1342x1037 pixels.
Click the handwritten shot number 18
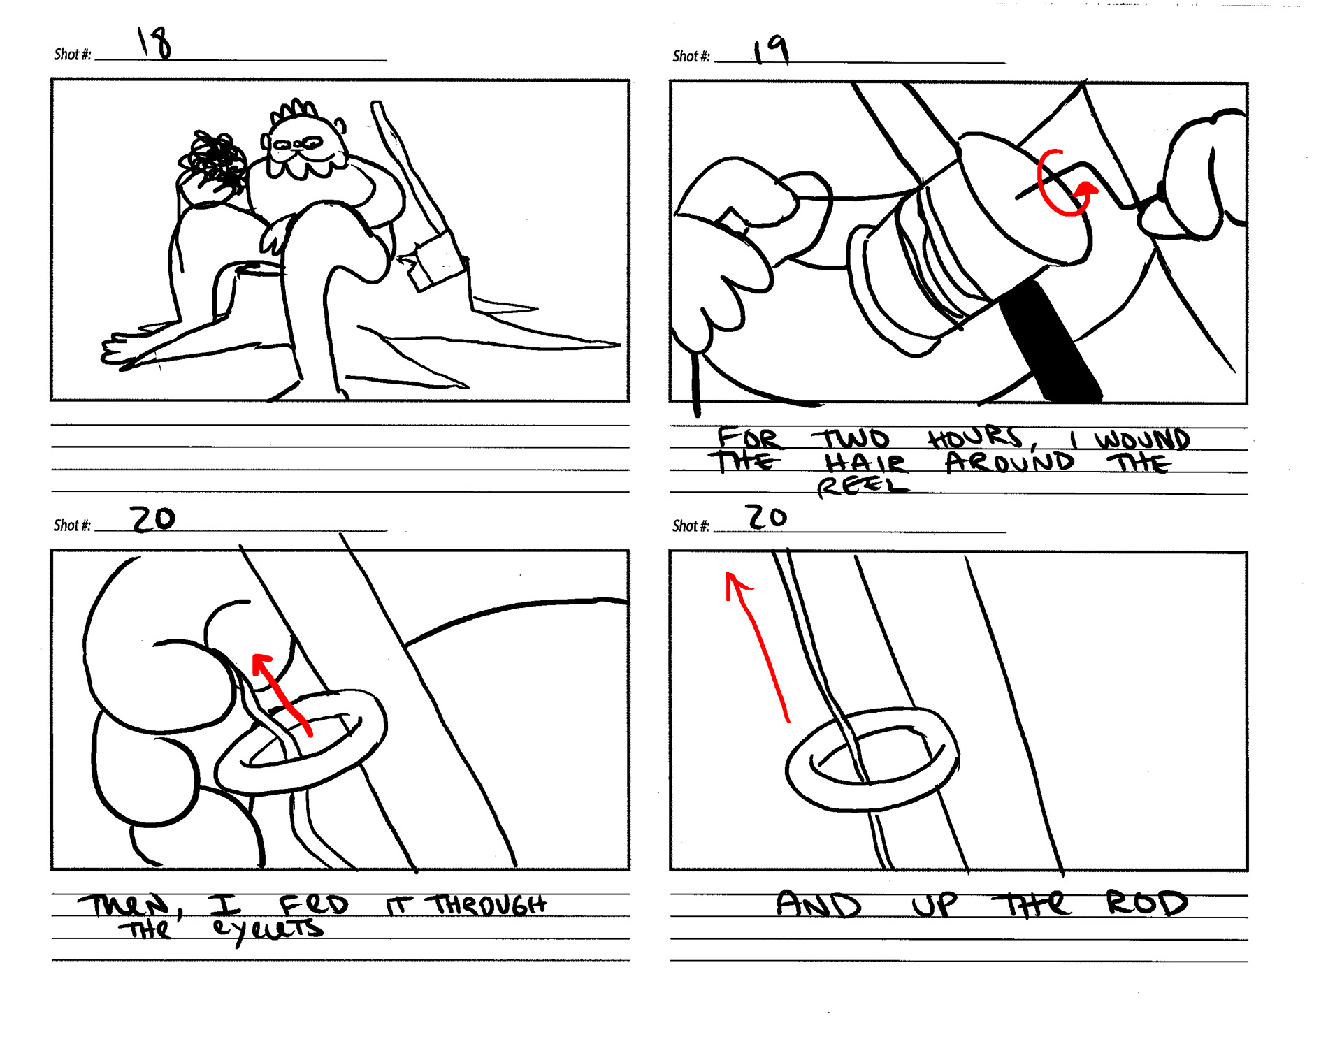[x=154, y=43]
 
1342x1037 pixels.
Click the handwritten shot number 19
[x=771, y=50]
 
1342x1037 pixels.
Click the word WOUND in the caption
[x=1142, y=440]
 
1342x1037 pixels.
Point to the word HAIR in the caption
[x=865, y=462]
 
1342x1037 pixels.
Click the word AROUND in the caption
[x=1009, y=462]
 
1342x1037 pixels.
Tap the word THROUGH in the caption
[x=489, y=905]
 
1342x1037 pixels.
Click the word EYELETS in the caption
[x=268, y=930]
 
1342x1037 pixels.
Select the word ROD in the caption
[x=1146, y=903]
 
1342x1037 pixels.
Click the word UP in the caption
[x=935, y=905]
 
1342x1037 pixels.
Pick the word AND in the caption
[x=818, y=904]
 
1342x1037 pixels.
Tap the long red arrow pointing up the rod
[x=758, y=646]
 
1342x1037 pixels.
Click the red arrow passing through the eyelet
[x=281, y=694]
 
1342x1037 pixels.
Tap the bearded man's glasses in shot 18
[x=298, y=145]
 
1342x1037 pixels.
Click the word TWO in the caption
[x=851, y=439]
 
